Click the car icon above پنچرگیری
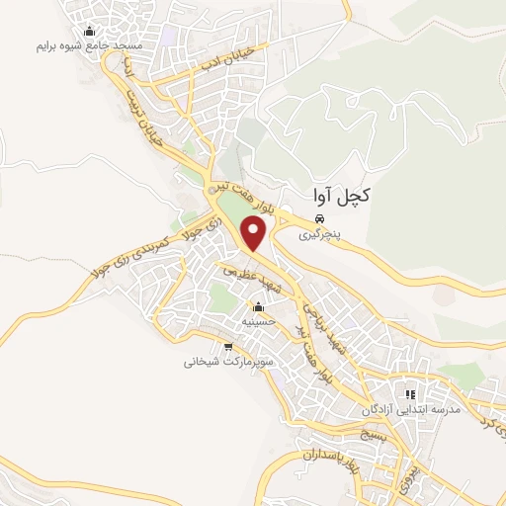pos(320,217)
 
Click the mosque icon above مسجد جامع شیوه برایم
pos(91,30)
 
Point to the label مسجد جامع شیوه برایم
pos(90,46)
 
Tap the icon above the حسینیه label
pos(259,305)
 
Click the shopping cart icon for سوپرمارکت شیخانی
pos(228,346)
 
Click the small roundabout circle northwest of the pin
pos(211,189)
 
